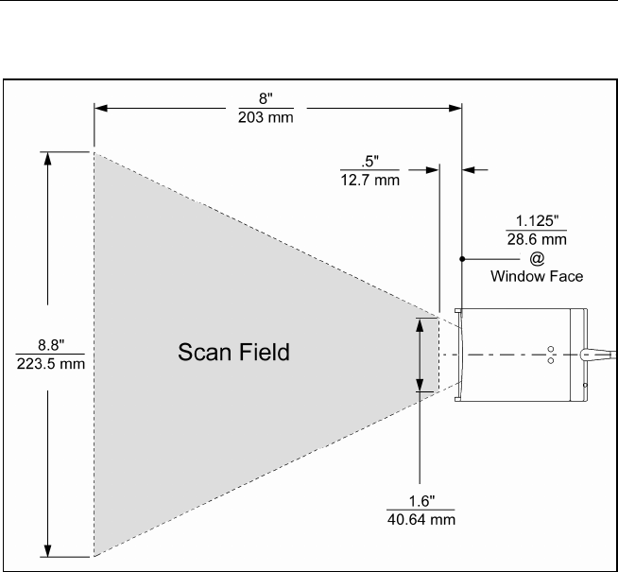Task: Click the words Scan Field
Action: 233,354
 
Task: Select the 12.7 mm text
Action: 369,180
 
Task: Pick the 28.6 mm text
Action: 536,241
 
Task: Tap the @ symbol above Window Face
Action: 536,257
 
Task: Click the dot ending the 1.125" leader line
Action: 461,257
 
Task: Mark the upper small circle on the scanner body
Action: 552,348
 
